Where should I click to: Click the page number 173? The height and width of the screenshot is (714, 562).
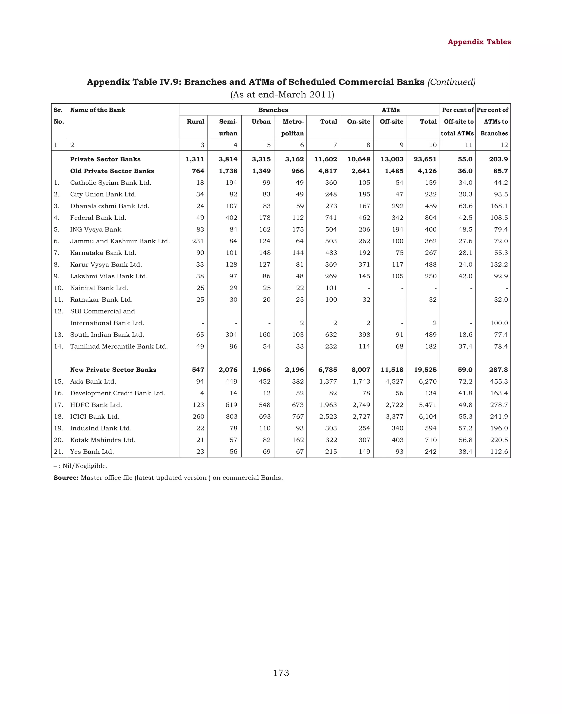[x=281, y=673]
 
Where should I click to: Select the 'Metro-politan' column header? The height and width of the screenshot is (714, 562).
[x=293, y=127]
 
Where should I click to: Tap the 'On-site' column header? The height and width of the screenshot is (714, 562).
[x=358, y=122]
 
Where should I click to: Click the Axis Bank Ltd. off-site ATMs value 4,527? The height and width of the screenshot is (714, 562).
[x=394, y=381]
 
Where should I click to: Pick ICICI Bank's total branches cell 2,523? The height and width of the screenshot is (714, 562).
[x=328, y=417]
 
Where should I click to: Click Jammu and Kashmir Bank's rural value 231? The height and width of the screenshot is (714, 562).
[x=198, y=241]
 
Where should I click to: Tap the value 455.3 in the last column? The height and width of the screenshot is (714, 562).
[x=499, y=381]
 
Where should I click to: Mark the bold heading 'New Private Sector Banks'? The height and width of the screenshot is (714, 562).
[x=113, y=370]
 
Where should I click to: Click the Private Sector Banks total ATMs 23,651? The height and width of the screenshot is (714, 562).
[x=425, y=159]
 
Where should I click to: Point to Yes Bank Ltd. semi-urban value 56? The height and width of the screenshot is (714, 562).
[x=233, y=452]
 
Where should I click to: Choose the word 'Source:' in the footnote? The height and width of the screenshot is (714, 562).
[x=66, y=478]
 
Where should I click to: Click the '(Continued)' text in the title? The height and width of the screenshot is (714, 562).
[x=451, y=82]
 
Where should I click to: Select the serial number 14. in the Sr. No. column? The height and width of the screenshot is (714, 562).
[x=58, y=346]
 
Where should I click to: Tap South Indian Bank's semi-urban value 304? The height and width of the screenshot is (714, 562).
[x=231, y=335]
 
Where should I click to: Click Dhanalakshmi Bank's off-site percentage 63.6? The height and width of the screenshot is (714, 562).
[x=465, y=206]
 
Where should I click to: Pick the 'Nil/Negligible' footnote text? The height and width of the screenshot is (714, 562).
[x=85, y=466]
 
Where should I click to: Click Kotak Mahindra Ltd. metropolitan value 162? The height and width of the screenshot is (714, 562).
[x=297, y=440]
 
